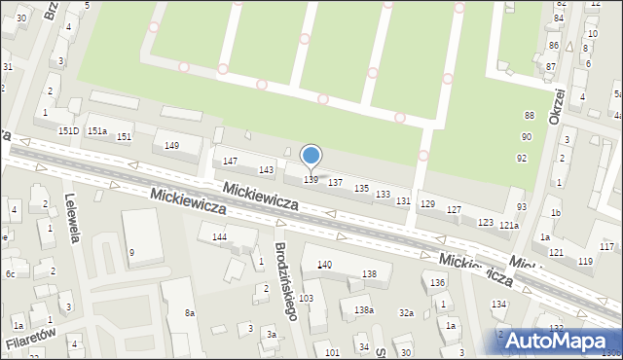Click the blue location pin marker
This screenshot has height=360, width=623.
click(311, 156)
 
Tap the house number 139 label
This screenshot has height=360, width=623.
click(311, 180)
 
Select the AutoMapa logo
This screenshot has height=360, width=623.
click(558, 341)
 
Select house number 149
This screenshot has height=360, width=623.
click(171, 146)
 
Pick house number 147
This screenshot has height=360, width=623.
click(230, 161)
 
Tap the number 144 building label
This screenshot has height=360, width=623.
click(219, 236)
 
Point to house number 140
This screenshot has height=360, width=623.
click(324, 265)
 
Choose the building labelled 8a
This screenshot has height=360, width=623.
click(190, 313)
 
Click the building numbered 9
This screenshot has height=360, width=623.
click(131, 253)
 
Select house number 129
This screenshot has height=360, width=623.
click(426, 203)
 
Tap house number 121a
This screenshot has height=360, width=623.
click(509, 226)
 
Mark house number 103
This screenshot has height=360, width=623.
click(306, 298)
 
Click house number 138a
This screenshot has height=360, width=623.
click(363, 309)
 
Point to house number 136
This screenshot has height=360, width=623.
click(439, 282)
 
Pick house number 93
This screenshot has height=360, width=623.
click(522, 207)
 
